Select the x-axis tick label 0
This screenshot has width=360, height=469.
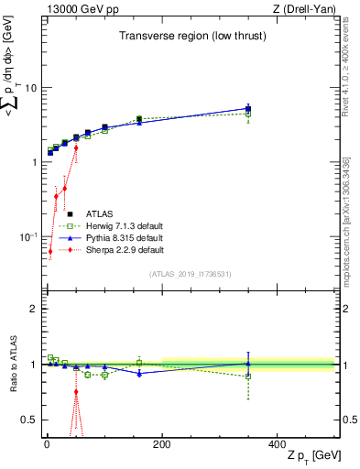(46, 443)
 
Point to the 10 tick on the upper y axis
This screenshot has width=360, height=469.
(30, 88)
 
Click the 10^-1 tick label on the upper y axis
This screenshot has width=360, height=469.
(27, 236)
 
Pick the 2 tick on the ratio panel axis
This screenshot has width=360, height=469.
(33, 309)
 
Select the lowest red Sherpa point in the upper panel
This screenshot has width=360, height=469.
(50, 251)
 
